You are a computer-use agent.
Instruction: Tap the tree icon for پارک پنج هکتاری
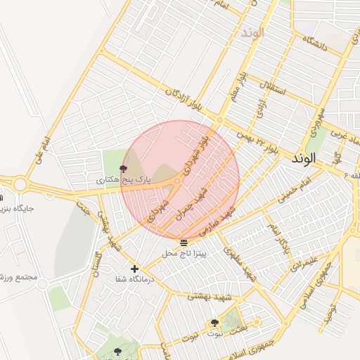pyautogui.click(x=124, y=169)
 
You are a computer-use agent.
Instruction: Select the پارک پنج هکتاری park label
pyautogui.click(x=124, y=181)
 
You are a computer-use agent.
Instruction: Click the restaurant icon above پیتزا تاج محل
pyautogui.click(x=184, y=243)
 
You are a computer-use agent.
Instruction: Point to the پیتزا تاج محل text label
pyautogui.click(x=184, y=252)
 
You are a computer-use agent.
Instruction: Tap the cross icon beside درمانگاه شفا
pyautogui.click(x=134, y=269)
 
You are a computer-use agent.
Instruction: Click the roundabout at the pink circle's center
pyautogui.click(x=178, y=181)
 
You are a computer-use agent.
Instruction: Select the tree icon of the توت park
pyautogui.click(x=214, y=323)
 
